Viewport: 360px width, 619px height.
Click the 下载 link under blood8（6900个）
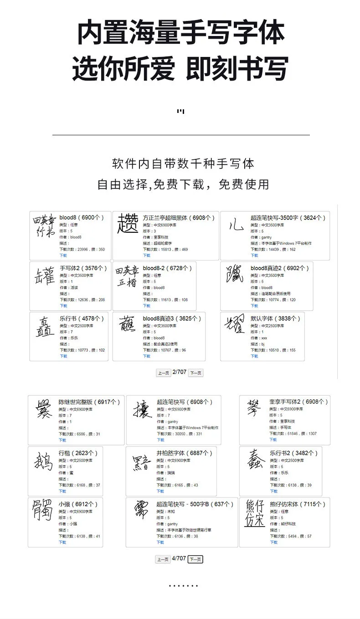point(62,256)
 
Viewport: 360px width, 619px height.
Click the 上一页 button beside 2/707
point(163,373)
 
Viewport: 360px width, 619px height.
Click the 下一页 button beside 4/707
point(195,559)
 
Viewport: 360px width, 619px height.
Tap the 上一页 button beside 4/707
point(163,559)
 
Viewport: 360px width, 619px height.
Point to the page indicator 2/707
point(180,372)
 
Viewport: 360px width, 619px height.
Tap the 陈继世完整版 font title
point(89,402)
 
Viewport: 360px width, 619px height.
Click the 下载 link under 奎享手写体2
point(273,440)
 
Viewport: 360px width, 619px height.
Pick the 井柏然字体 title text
point(184,453)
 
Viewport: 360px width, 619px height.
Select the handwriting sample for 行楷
point(44,462)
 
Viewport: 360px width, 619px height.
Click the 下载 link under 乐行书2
point(273,491)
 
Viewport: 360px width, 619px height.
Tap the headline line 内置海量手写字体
point(180,33)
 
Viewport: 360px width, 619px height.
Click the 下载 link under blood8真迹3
point(146,356)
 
